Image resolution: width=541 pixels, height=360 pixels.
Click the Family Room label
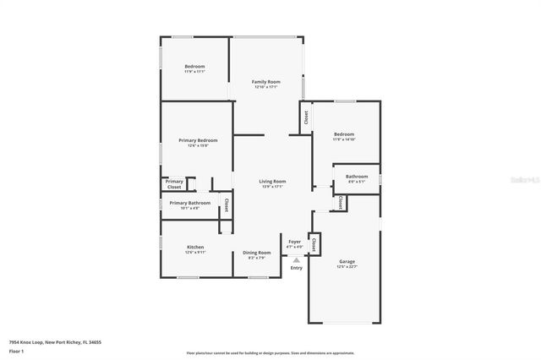265,82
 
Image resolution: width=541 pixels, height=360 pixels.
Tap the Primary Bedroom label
198,140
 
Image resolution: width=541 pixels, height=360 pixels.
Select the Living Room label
272,181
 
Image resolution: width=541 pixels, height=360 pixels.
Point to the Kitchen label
195,247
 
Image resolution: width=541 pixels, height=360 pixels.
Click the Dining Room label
257,253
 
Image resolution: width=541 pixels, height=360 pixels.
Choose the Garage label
347,261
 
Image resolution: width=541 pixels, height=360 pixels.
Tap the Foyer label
295,242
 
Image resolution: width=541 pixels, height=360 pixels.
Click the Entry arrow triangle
296,260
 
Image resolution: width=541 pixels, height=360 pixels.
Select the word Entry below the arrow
296,268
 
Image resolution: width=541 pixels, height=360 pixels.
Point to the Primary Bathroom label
189,203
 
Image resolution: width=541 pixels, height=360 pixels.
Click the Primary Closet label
174,183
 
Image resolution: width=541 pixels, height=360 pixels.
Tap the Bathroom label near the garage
357,176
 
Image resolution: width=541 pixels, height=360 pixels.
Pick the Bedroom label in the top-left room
194,66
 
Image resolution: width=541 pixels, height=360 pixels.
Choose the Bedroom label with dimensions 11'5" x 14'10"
343,134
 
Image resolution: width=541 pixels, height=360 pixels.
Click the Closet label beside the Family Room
305,117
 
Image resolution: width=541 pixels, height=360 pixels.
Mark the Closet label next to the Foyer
314,243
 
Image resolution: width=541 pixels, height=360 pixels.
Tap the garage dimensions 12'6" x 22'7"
347,267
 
